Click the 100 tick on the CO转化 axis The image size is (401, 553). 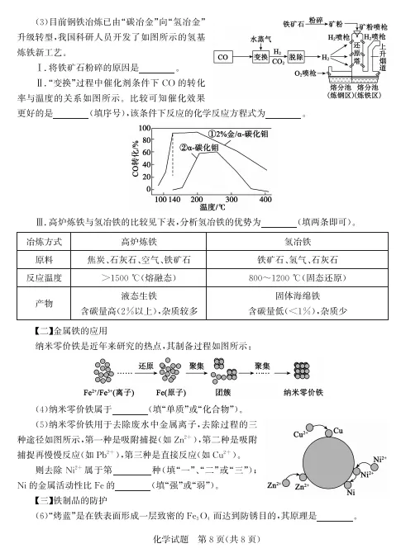145,130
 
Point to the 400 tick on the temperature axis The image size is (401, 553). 265,200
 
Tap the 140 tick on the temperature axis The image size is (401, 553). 174,200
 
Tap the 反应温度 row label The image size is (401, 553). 46,276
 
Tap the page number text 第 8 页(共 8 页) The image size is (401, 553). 222,539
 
